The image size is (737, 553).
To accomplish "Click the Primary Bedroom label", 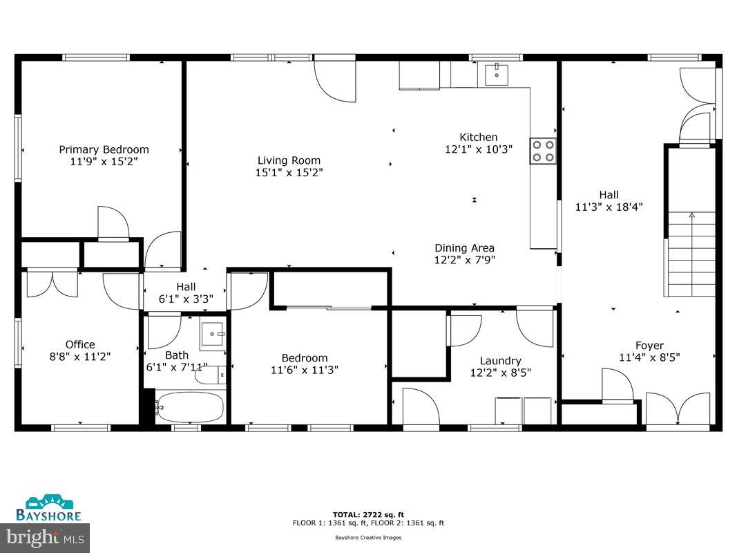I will click(x=104, y=149).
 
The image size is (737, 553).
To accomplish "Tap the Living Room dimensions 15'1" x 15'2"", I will click(x=289, y=172).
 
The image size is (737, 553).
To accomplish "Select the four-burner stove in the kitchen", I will click(x=543, y=151).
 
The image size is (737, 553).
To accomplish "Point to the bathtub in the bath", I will click(x=189, y=407).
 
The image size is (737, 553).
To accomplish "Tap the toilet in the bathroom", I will click(x=210, y=375).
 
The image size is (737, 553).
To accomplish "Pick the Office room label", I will click(x=80, y=344).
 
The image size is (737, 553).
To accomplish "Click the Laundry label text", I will click(x=500, y=360).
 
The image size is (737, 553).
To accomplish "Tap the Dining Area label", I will click(x=464, y=248).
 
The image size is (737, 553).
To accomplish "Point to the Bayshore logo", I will click(x=49, y=508).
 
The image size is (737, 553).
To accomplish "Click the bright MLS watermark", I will click(x=45, y=536).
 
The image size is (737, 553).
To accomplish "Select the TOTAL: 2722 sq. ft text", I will click(x=368, y=515).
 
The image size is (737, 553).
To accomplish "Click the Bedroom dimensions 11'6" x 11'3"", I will click(x=304, y=370).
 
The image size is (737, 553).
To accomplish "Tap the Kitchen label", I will click(x=479, y=137).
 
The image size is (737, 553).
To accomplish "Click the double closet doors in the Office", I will click(x=52, y=283).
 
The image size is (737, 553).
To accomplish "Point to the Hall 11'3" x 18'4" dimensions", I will click(x=609, y=206).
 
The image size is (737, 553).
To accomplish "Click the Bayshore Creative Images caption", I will click(x=368, y=537).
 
